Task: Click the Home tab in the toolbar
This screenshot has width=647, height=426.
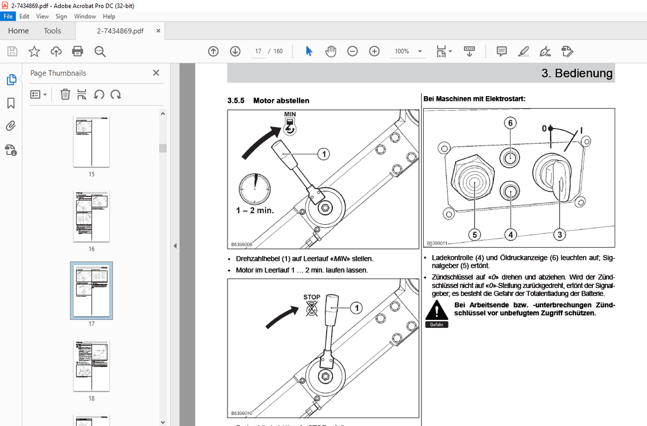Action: [18, 31]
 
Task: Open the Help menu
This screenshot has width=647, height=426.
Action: [109, 16]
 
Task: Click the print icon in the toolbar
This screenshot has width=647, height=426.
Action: [78, 51]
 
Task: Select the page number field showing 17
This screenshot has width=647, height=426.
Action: [258, 51]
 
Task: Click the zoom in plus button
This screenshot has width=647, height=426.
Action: [374, 51]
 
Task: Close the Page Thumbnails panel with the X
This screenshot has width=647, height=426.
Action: [156, 73]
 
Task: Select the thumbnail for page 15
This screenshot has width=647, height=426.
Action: [91, 141]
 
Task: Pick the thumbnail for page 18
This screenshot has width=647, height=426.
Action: [91, 365]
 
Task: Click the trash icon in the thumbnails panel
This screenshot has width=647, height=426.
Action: [65, 95]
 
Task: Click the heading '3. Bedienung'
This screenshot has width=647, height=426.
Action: [577, 73]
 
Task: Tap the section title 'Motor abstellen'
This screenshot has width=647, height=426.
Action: [281, 100]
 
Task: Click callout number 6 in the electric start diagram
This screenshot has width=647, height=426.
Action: [510, 123]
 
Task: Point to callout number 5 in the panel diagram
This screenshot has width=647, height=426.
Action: [474, 235]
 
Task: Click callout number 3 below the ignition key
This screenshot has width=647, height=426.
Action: [559, 235]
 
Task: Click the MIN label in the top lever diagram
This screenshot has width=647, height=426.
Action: [290, 114]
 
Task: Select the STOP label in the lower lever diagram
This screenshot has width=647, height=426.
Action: [311, 297]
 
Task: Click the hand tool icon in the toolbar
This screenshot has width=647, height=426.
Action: [331, 51]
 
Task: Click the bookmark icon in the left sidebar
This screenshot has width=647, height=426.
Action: [11, 103]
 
